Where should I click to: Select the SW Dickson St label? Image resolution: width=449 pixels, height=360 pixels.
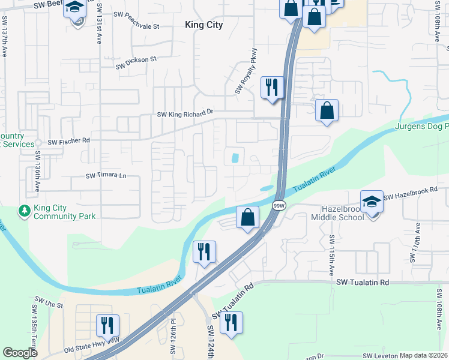[x=135, y=59]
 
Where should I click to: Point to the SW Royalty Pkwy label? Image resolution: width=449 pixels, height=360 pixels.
[x=246, y=71]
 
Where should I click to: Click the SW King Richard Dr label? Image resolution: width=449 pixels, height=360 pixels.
[x=185, y=113]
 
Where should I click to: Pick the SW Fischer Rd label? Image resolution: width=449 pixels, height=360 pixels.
[x=68, y=142]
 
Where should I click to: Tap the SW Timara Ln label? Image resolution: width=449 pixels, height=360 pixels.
[x=106, y=176]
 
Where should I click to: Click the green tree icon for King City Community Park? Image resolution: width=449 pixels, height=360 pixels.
[x=25, y=211]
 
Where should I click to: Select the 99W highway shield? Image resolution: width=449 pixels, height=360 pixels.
[x=279, y=205]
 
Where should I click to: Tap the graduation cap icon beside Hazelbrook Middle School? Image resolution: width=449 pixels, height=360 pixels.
[x=372, y=202]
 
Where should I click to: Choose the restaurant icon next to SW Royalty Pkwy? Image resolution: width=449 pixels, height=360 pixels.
[x=271, y=87]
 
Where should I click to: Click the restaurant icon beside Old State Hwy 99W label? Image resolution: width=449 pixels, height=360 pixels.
[x=107, y=325]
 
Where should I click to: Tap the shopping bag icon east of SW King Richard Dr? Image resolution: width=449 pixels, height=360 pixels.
[x=327, y=110]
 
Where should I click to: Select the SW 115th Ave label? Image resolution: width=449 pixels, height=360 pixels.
[x=331, y=256]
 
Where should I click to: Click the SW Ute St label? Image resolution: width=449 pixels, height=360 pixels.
[x=49, y=304]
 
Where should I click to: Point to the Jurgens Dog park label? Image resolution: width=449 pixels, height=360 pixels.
[x=422, y=127]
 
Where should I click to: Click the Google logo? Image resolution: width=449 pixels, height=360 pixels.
[x=20, y=353]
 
